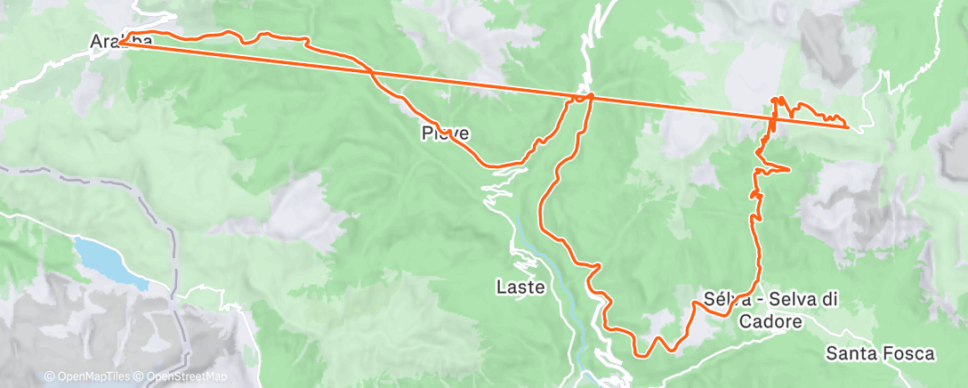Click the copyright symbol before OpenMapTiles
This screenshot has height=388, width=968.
(x=50, y=377)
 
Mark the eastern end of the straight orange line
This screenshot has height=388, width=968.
(x=847, y=126)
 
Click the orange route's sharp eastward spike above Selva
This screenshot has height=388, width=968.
(x=788, y=168)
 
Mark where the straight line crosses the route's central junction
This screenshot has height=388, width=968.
(x=588, y=96)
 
